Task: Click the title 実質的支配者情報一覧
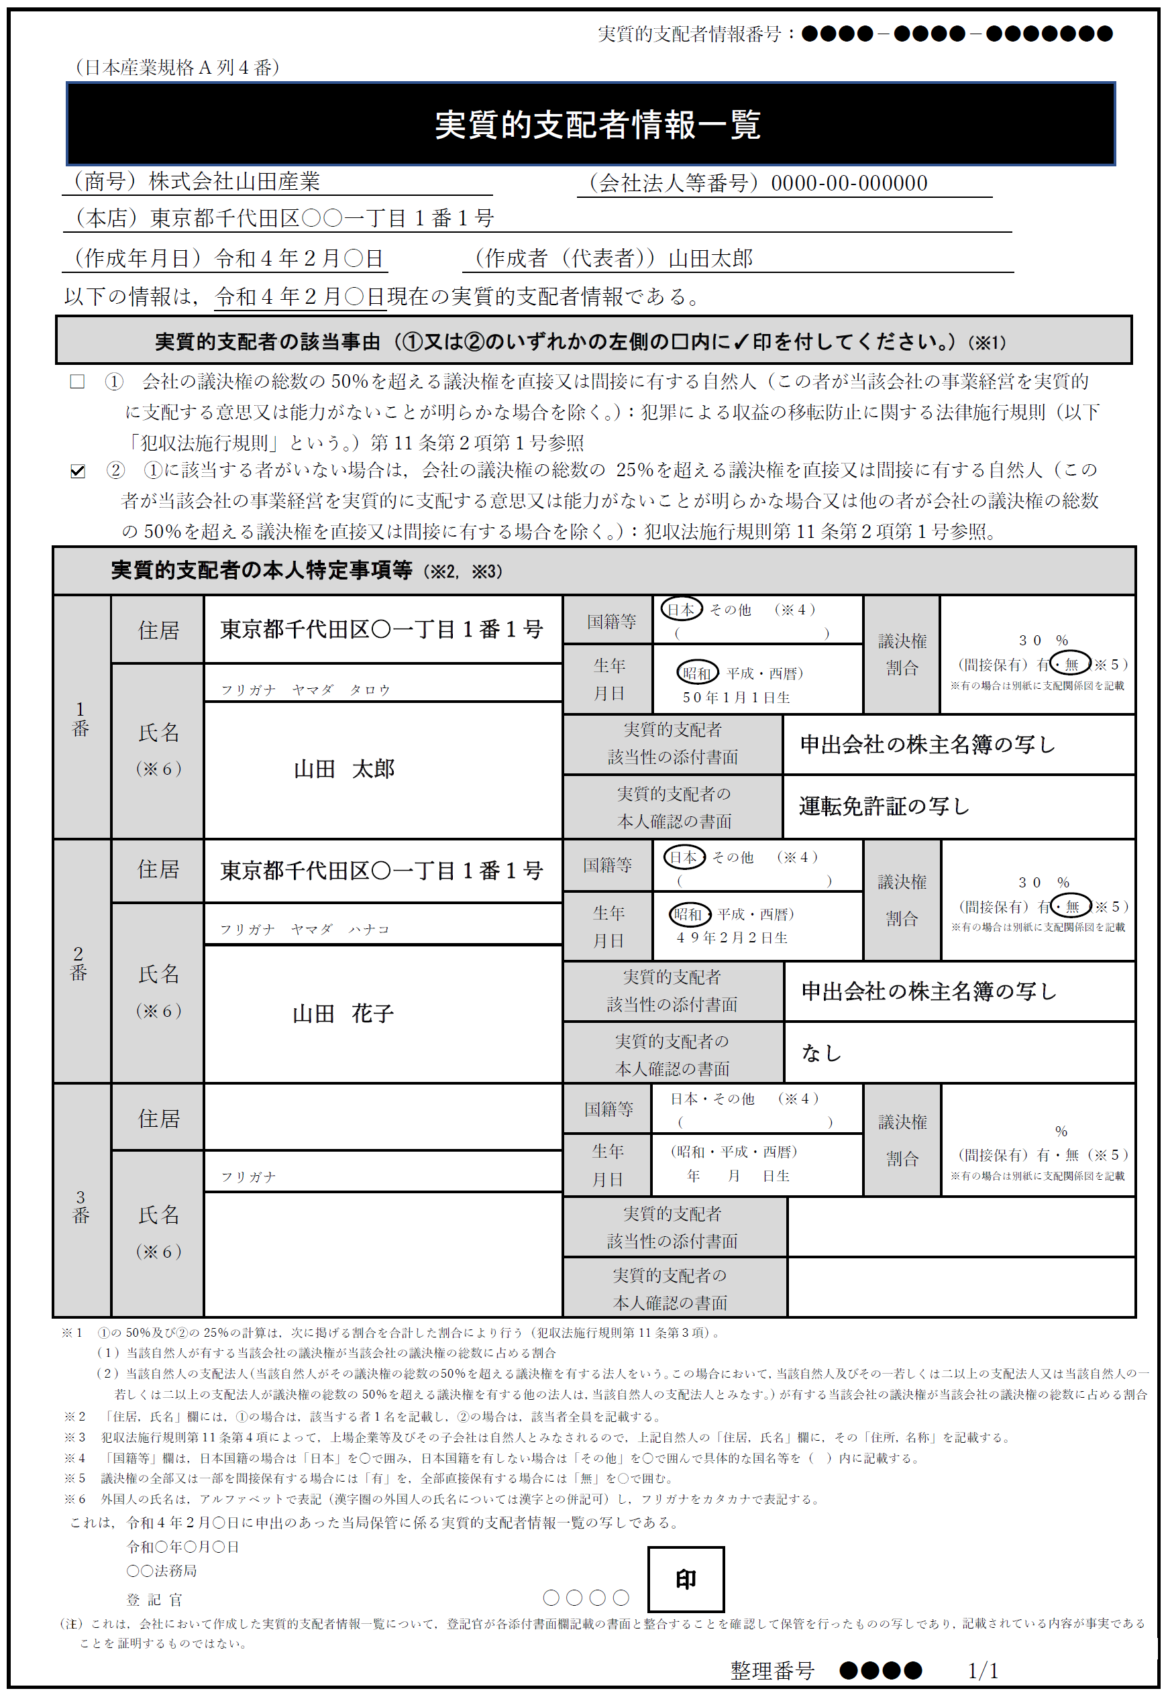coord(597,124)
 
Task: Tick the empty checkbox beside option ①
coord(77,381)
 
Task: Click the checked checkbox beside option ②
coord(78,470)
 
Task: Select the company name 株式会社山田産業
coord(234,182)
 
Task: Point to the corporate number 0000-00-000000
coord(849,183)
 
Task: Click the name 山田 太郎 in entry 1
coord(344,768)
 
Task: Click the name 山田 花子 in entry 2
coord(343,1013)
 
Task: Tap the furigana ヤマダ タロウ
coord(341,690)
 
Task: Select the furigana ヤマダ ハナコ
coord(340,929)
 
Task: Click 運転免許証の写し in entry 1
coord(884,806)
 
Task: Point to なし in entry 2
coord(821,1053)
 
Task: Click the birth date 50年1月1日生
coord(735,698)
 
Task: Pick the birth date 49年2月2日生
coord(732,937)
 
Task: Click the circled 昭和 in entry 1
coord(696,673)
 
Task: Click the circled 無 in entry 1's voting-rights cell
coord(1071,663)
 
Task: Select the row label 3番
coord(81,1206)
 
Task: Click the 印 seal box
coord(686,1579)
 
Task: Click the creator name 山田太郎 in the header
coord(710,258)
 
